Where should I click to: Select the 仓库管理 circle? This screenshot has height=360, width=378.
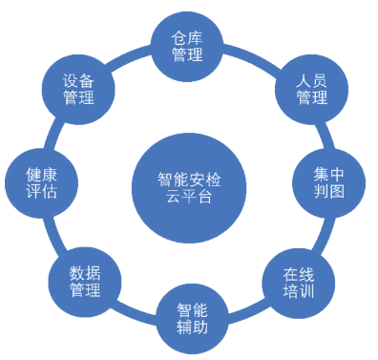pos(187,46)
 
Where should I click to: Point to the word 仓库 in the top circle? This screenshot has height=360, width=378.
pos(187,36)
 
